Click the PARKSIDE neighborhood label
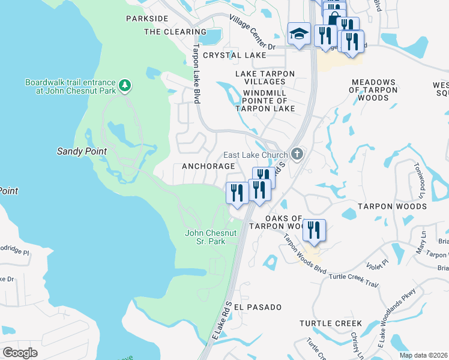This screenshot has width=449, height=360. pos(147,19)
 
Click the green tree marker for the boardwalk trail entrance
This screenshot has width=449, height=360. pos(125,86)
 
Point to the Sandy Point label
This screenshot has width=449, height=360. pos(82,152)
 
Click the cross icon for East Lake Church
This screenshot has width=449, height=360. pos(297,155)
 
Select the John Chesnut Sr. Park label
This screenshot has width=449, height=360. pos(205,236)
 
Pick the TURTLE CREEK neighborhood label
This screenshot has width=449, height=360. pos(331,323)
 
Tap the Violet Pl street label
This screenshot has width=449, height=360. pos(378,263)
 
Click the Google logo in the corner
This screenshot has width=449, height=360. pos(20,353)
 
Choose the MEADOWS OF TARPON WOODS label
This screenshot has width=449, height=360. pos(373,89)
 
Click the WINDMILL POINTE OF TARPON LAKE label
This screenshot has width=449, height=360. pos(268,101)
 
